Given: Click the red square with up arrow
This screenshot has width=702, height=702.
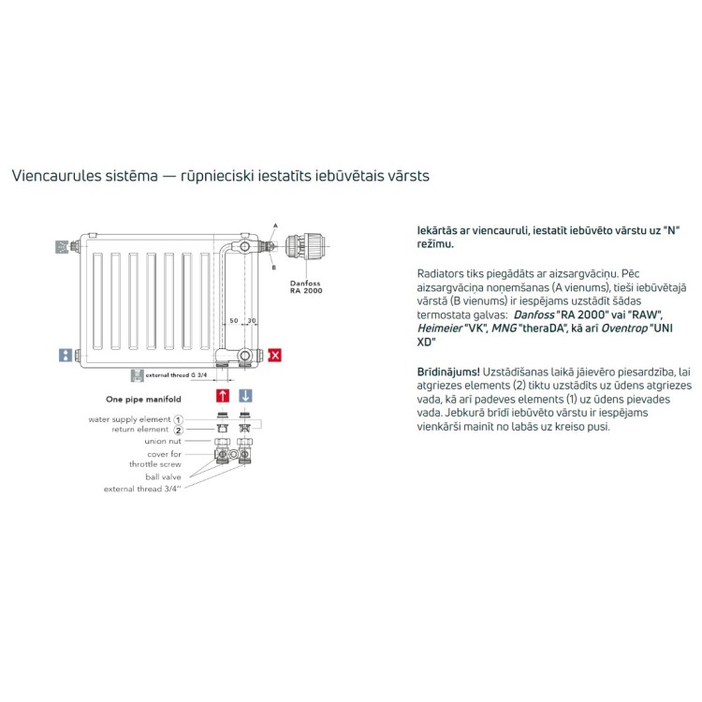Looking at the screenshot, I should tap(223, 396).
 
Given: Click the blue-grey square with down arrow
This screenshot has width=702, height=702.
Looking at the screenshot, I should tap(245, 396).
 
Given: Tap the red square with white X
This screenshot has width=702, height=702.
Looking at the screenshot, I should tap(275, 355).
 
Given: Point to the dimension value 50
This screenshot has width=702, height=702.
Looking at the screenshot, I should tap(234, 321).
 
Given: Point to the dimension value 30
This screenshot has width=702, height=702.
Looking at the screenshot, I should tap(252, 321).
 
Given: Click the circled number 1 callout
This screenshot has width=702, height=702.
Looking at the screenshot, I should tap(178, 419).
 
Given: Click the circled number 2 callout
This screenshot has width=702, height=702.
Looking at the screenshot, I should tap(178, 430).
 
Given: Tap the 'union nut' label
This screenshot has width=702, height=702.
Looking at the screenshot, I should tap(162, 441).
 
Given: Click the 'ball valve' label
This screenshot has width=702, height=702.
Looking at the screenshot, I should tap(164, 476).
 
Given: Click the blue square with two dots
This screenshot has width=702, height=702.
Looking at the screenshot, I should tap(65, 355).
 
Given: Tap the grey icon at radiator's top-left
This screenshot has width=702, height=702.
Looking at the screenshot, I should tap(63, 247).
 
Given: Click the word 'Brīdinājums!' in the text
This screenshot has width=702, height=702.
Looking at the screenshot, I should tap(449, 372).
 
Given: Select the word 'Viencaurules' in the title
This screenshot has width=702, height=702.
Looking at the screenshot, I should tap(51, 175).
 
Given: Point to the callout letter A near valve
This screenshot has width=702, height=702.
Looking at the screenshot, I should tap(275, 225).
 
